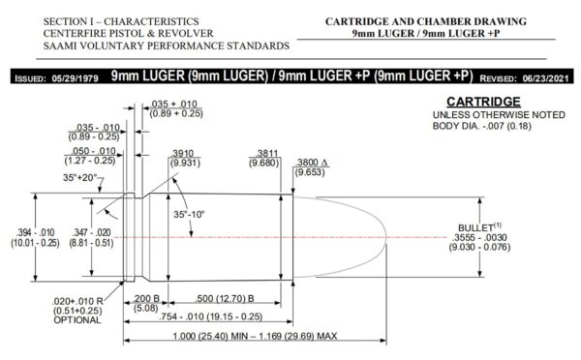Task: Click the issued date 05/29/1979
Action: pos(76,78)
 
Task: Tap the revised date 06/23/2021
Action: pos(545,78)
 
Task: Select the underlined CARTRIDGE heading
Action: pos(483,102)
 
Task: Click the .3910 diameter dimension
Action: pos(183,153)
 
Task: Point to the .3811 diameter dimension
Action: pos(267,153)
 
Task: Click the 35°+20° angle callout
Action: pos(79,178)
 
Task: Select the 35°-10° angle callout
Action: pos(189,215)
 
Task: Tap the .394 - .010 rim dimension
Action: pos(35,232)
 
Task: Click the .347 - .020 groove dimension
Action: pos(92,232)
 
